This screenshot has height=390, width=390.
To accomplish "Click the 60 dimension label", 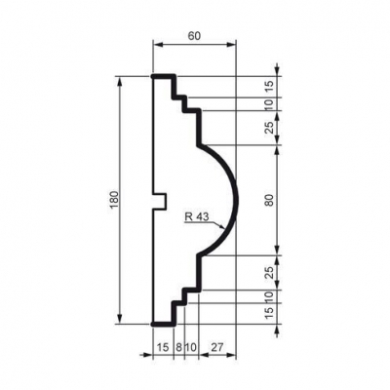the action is tap(194, 36).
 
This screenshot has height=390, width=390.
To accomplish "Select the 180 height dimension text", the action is tap(115, 200).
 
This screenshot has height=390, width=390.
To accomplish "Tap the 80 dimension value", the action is tap(269, 200).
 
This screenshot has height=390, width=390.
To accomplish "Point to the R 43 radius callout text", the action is tap(197, 215).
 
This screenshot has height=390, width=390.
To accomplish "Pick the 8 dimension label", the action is tap(178, 347).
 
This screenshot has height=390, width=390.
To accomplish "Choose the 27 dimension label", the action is tap(216, 347).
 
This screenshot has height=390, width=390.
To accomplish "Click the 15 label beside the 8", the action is tap(163, 347).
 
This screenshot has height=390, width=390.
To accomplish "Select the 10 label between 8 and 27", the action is tap(191, 347).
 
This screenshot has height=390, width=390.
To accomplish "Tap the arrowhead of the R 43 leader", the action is tap(222, 226).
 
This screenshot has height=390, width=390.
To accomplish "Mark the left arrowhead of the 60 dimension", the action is tap(157, 45).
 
